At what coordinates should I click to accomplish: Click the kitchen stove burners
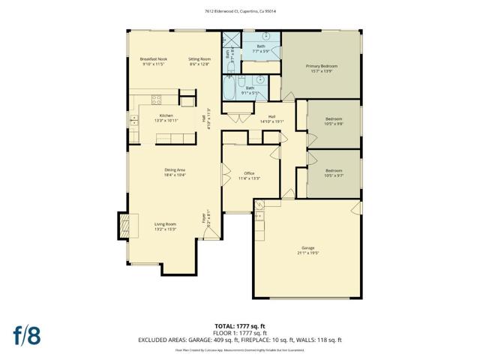tap(157, 98)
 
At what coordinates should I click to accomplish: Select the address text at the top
tap(239, 10)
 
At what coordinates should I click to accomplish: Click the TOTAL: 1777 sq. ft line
tap(239, 325)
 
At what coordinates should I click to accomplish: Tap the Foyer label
tap(203, 218)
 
